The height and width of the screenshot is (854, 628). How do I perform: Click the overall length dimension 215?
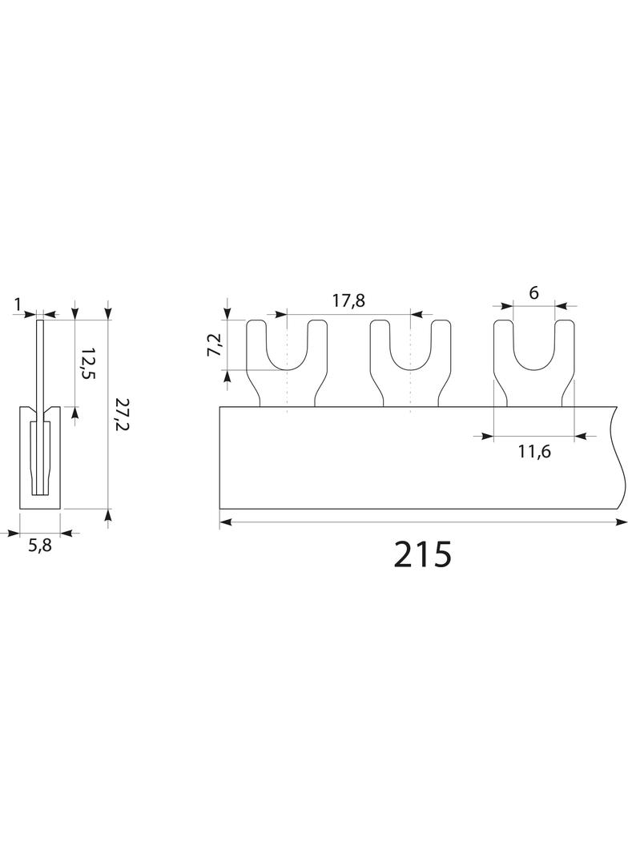[423, 554]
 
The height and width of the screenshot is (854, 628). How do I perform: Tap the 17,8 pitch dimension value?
[348, 300]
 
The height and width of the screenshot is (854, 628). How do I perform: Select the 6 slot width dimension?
[533, 292]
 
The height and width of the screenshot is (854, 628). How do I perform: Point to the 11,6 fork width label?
[533, 451]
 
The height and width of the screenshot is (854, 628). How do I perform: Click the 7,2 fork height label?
[215, 344]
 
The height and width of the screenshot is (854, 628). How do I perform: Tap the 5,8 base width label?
[40, 546]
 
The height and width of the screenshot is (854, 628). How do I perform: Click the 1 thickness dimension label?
[18, 304]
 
